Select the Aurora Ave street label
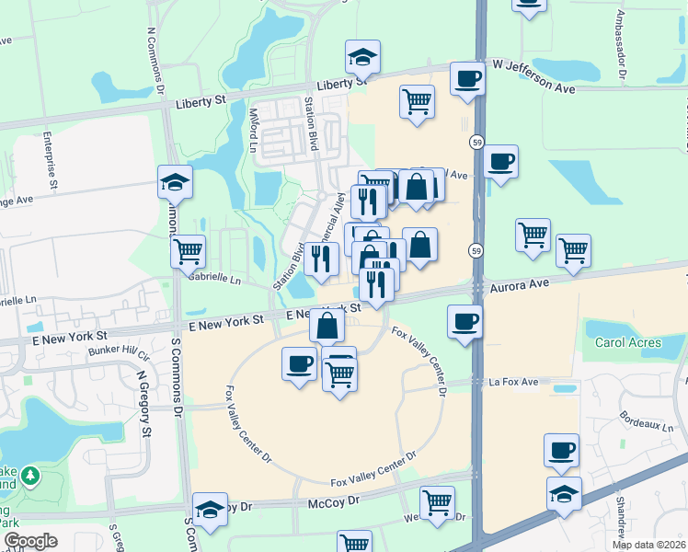pyautogui.click(x=519, y=287)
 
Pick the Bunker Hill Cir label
pyautogui.click(x=118, y=351)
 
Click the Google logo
pyautogui.click(x=30, y=541)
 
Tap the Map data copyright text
pyautogui.click(x=648, y=545)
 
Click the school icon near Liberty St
pyautogui.click(x=362, y=57)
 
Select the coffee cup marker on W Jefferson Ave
pyautogui.click(x=468, y=78)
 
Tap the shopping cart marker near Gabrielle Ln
pyautogui.click(x=188, y=249)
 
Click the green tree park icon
pyautogui.click(x=30, y=476)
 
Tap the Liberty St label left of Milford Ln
pyautogui.click(x=200, y=104)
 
